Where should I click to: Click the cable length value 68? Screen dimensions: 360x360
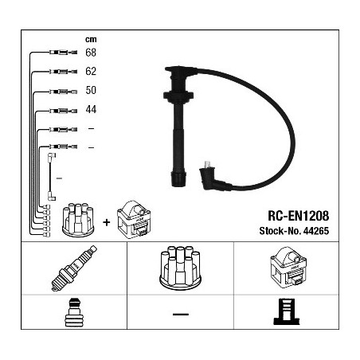pyautogui.click(x=91, y=53)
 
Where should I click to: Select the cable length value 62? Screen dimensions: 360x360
pyautogui.click(x=91, y=72)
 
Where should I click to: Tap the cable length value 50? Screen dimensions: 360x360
pyautogui.click(x=91, y=90)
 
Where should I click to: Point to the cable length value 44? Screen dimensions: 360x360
pyautogui.click(x=91, y=109)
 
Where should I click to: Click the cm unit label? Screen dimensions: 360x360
pyautogui.click(x=91, y=40)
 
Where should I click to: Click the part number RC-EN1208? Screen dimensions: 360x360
pyautogui.click(x=299, y=216)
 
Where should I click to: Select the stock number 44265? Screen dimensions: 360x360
pyautogui.click(x=316, y=231)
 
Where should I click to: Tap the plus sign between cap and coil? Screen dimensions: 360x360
pyautogui.click(x=107, y=222)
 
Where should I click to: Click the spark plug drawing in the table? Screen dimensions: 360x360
pyautogui.click(x=74, y=268)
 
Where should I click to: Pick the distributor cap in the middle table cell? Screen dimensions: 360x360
pyautogui.click(x=180, y=268)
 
